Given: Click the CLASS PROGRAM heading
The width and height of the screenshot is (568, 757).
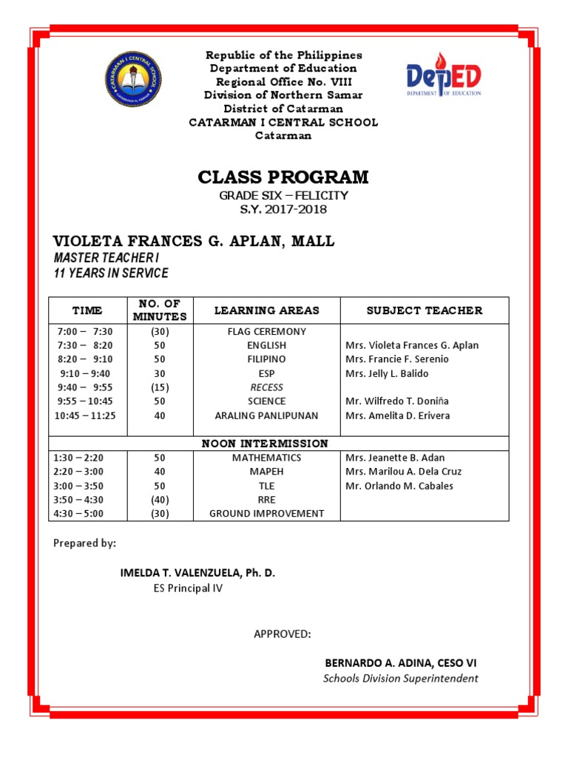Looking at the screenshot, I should (283, 177).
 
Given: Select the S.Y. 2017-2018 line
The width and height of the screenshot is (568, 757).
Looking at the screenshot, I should (283, 209).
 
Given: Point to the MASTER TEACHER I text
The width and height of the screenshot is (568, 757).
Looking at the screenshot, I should (106, 257).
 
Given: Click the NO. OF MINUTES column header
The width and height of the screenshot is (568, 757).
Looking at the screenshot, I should (160, 310).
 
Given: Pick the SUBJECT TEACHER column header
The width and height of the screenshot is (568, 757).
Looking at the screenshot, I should (424, 310).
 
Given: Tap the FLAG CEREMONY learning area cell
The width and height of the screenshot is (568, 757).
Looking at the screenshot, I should (266, 331).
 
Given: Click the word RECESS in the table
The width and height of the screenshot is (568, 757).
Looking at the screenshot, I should (266, 387).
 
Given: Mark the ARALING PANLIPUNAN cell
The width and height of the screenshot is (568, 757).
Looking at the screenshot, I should (266, 415).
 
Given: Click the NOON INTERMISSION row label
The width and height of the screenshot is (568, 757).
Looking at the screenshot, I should (266, 444).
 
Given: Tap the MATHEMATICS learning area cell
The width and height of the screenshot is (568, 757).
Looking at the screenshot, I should (266, 458).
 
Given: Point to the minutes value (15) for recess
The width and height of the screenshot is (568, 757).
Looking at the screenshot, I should (160, 387).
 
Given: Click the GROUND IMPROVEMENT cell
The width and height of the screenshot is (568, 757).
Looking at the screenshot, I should (266, 513).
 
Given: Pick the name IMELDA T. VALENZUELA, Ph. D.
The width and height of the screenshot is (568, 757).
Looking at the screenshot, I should (197, 574).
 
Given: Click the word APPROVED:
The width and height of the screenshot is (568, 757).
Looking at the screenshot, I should (283, 634).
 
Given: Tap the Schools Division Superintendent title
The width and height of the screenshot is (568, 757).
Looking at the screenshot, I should (401, 678).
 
